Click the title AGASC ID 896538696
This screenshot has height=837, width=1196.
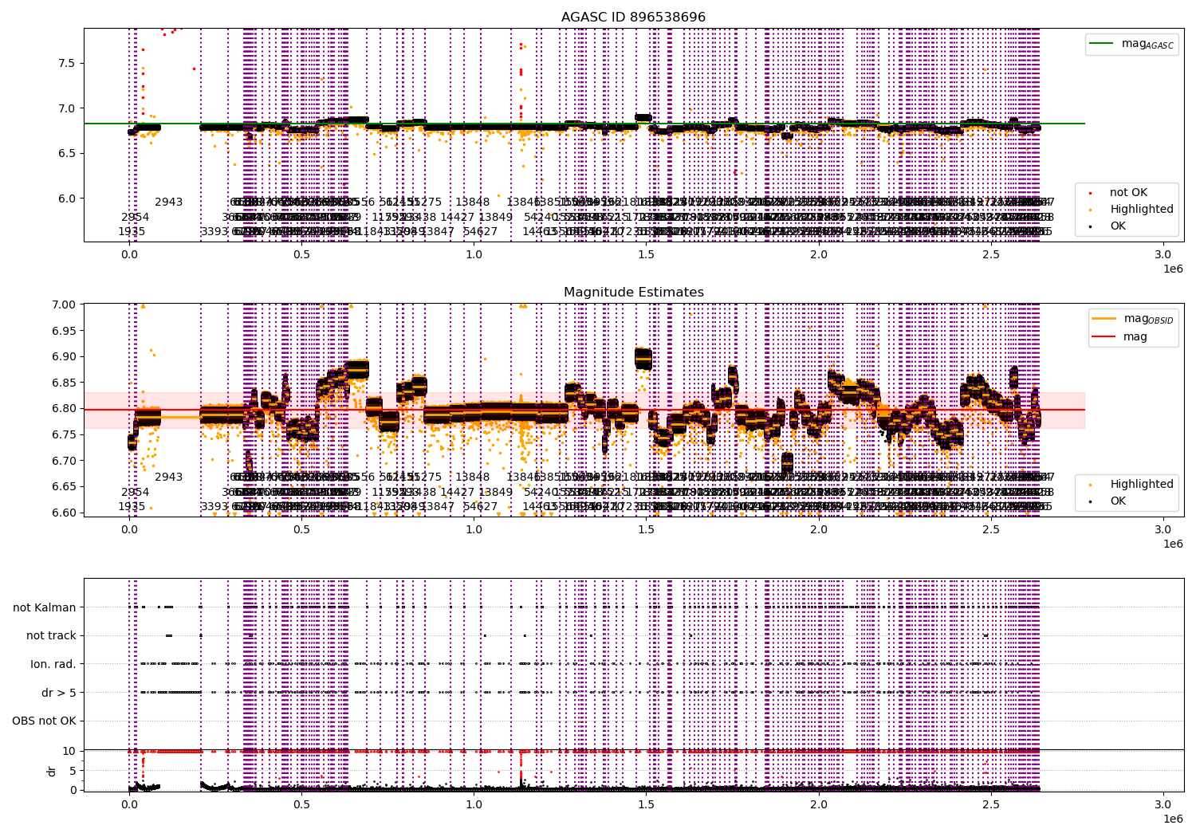click(633, 18)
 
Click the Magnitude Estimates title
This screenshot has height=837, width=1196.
click(633, 293)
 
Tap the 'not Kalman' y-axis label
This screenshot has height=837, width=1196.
click(45, 607)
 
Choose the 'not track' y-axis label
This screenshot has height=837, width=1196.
click(51, 635)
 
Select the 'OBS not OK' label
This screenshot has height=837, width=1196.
click(44, 721)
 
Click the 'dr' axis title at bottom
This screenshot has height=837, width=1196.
click(52, 771)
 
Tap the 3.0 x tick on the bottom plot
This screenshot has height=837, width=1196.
click(1163, 805)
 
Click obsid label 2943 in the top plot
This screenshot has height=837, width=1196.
click(168, 202)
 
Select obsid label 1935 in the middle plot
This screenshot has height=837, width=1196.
click(132, 506)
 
